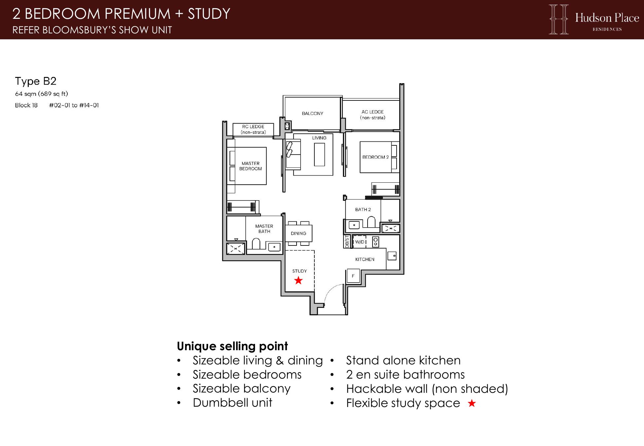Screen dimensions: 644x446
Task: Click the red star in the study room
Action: (299, 280)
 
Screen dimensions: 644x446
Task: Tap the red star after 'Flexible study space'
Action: (472, 403)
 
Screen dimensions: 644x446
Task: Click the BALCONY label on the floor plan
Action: (312, 114)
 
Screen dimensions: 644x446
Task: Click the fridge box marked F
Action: (353, 276)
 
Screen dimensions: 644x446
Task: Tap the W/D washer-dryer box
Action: (360, 242)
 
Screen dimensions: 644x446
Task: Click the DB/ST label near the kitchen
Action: (347, 242)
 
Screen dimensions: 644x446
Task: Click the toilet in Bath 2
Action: (372, 222)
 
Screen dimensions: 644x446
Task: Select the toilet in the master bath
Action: (256, 244)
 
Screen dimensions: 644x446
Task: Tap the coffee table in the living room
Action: (319, 155)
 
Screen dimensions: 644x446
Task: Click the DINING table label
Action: (299, 234)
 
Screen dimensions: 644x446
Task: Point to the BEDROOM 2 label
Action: (376, 157)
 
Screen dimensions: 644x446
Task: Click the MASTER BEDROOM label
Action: (251, 166)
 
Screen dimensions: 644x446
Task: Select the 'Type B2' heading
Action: (36, 81)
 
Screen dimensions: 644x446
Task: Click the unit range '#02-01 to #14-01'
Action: (74, 105)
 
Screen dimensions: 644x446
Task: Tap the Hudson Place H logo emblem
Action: (559, 19)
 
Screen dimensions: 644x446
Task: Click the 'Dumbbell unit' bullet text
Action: (233, 403)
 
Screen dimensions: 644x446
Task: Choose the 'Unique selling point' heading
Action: (233, 346)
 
